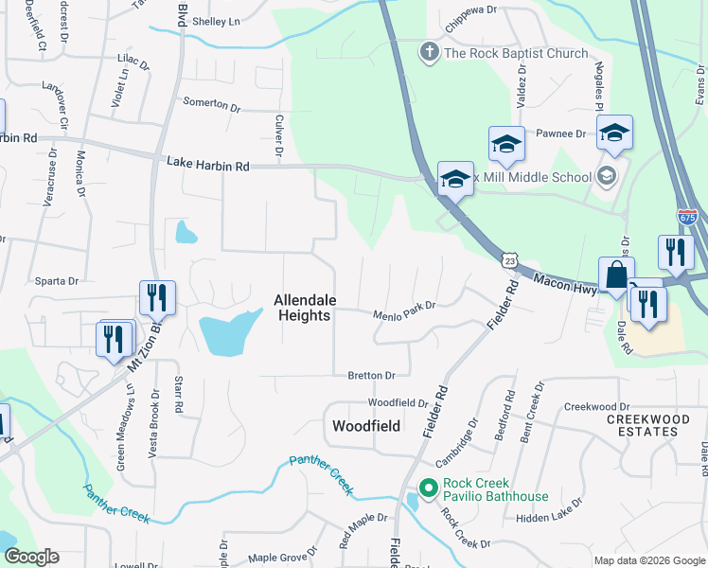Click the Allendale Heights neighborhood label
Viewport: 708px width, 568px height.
[304, 308]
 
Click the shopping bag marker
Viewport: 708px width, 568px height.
[616, 275]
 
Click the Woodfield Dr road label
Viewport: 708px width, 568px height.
[398, 403]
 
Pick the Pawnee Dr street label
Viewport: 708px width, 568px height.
[562, 134]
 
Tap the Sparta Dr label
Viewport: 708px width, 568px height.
[58, 281]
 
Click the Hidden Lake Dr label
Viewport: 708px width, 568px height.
[549, 519]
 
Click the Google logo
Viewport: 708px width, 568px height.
[31, 557]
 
